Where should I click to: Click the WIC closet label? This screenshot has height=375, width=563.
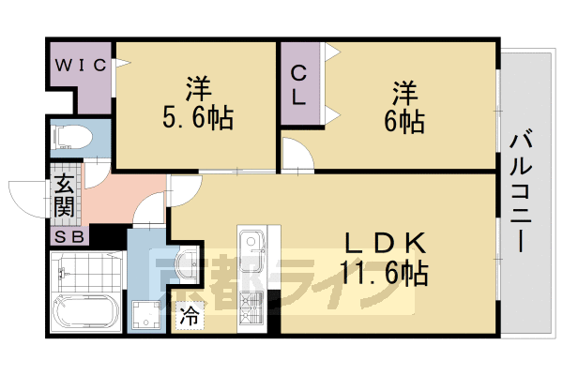coord(79,65)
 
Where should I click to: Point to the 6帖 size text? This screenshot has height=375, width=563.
coord(405,120)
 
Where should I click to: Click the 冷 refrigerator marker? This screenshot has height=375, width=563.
coord(190,316)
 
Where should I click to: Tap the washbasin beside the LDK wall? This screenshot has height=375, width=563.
coord(189,262)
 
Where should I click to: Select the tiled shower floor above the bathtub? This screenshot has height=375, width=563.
coord(85,272)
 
